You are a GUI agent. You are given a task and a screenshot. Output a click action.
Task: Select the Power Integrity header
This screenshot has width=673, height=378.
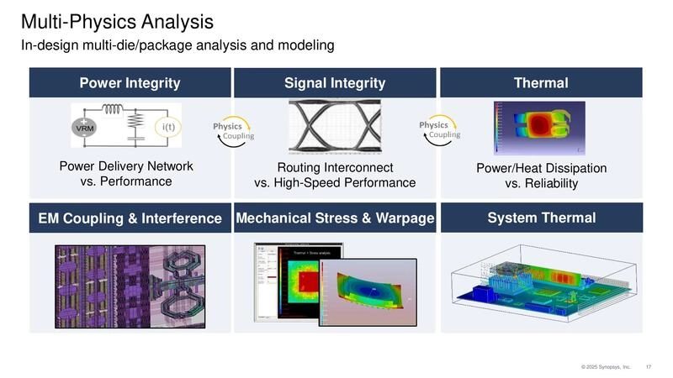coord(130,82)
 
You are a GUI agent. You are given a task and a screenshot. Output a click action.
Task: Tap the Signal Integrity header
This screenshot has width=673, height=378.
coord(335,82)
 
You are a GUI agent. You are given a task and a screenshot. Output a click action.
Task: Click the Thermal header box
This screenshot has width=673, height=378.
coord(541,82)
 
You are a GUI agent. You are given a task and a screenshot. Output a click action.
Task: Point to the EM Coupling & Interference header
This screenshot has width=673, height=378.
coord(130,219)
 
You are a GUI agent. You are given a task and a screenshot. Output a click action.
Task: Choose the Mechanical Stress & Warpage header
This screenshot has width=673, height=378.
coord(335,218)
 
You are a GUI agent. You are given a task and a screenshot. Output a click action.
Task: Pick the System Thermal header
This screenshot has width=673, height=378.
coord(541,218)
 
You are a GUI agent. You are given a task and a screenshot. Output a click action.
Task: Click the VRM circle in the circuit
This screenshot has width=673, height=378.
coord(86,128)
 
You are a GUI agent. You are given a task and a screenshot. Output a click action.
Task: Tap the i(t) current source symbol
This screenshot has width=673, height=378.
coord(164,128)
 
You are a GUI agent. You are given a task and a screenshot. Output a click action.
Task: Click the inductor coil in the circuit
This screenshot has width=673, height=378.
coord(112,109)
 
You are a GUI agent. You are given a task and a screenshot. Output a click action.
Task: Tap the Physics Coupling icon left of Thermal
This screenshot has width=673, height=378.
coord(438,129)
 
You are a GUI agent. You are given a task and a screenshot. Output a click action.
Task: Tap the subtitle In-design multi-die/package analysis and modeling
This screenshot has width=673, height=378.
coord(178,45)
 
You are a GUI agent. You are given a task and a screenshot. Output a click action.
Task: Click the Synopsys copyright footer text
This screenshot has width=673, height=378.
coord(605,367)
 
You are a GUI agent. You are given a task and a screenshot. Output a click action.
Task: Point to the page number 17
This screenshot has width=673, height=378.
coord(649,367)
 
